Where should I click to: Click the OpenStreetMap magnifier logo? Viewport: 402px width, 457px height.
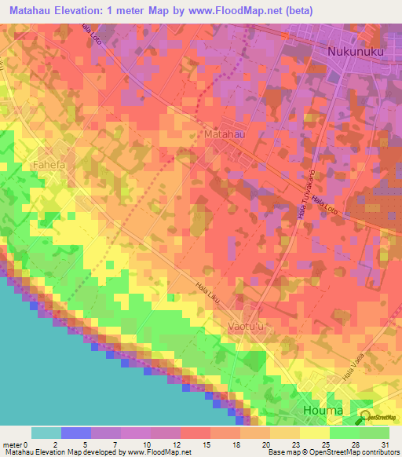coord(365,418)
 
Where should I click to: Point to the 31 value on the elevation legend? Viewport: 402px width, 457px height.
coord(384,443)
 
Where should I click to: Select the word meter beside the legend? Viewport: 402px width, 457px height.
coord(12,443)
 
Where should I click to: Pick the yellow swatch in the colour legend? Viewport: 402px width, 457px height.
coord(315,433)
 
